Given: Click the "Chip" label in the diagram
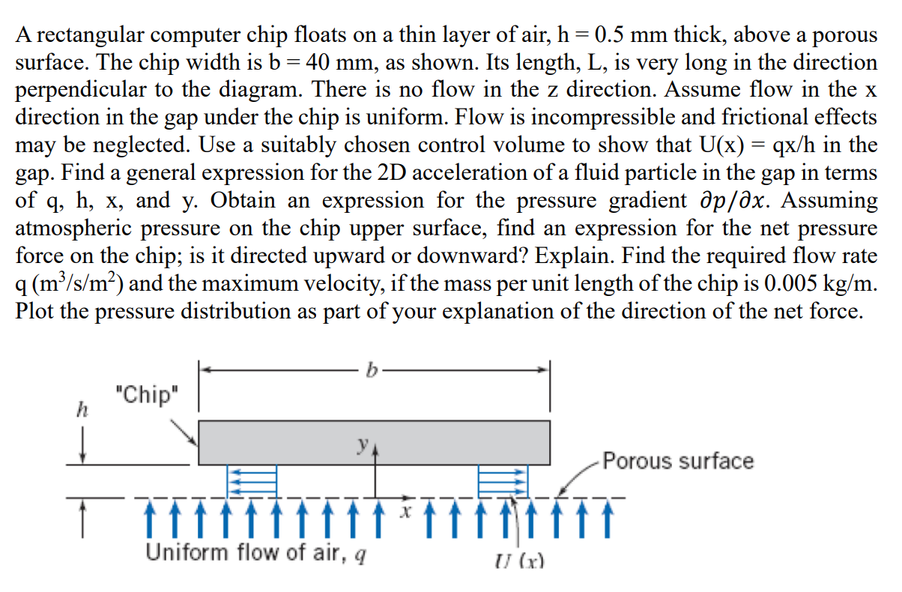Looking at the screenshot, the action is tap(147, 394).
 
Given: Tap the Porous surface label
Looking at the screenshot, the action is tap(678, 461).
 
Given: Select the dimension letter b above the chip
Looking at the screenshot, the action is tap(372, 370).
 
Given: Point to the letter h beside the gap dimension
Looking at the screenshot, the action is tap(82, 410).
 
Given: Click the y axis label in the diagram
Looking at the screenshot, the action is tap(363, 444).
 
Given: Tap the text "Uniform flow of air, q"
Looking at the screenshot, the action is tap(256, 552).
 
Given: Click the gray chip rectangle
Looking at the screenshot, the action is tap(374, 443).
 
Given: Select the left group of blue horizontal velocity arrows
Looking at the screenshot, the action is tap(252, 481).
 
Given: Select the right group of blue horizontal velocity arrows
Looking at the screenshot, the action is tap(503, 481).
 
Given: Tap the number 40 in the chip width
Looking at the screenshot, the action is tap(318, 62).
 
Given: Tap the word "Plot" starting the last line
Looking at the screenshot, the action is tap(34, 311).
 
